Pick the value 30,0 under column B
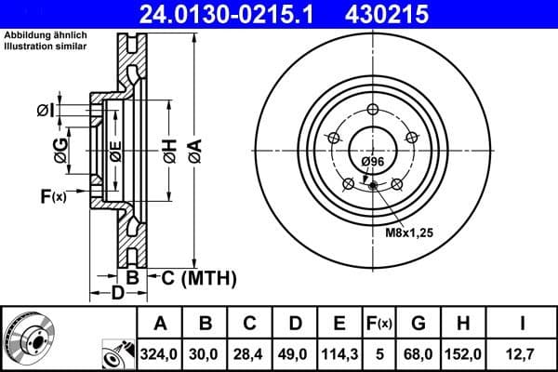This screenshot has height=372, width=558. [206, 352]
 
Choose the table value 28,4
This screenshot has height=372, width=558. [250, 352]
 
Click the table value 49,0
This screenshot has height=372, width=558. [295, 352]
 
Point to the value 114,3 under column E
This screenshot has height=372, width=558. [339, 352]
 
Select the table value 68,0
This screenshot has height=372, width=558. [419, 352]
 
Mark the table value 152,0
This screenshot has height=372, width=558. [464, 352]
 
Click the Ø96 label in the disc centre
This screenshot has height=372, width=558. [373, 162]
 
